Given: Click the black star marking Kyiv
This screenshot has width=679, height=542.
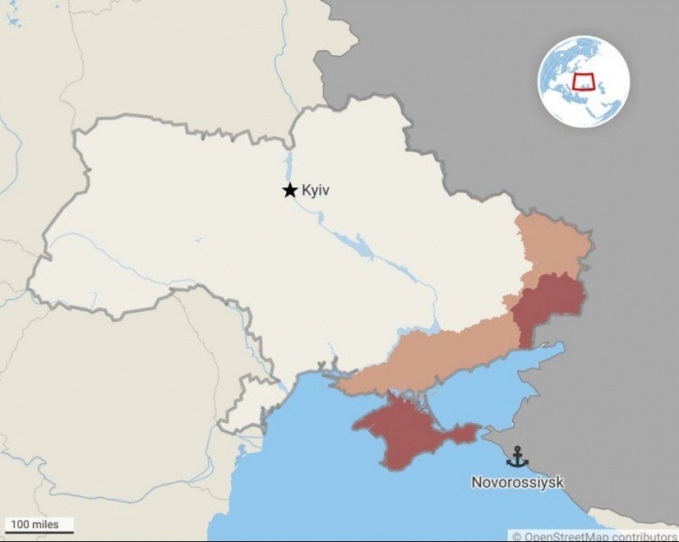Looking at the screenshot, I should point(289,190).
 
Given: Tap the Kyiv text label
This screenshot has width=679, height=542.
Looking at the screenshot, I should point(315,191).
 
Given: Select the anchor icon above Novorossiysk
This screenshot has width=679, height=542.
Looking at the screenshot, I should point(518,457).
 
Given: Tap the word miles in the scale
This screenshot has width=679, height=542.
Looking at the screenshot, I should point(46,525).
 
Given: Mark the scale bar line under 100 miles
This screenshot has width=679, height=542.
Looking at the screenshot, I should point(39,533).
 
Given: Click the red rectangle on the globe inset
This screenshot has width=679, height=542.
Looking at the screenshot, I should point(584,81).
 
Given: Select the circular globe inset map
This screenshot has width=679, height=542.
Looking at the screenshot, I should point(584,80).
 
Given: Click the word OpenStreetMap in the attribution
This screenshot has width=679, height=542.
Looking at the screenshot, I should point(562,536).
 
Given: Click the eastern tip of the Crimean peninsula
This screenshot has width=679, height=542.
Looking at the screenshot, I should point(476,428).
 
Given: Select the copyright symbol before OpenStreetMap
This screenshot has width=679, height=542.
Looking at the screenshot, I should point(517,536).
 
